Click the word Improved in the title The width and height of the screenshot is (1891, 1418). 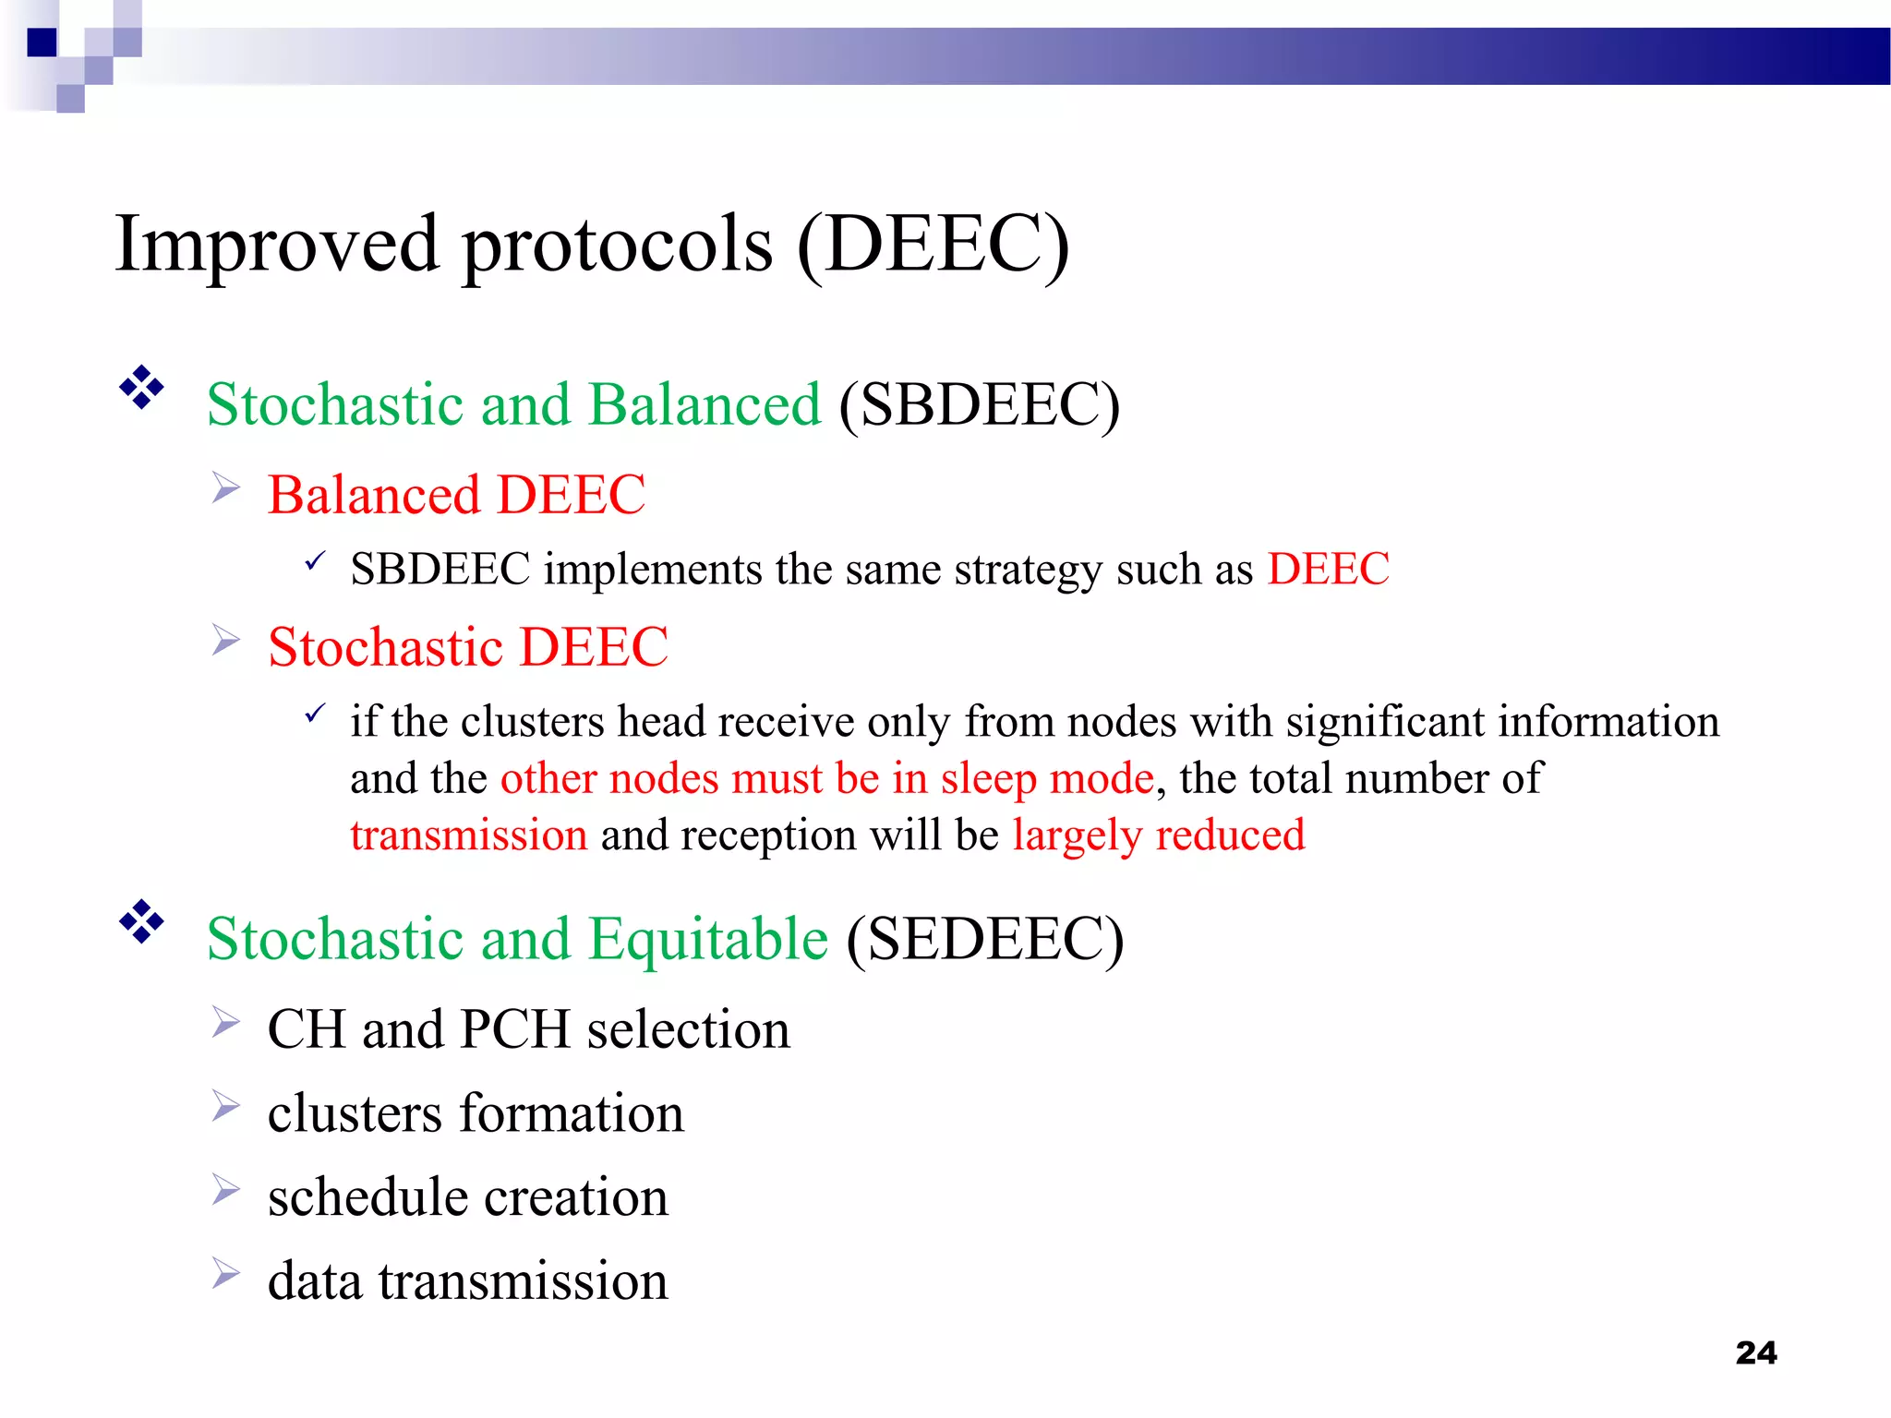(277, 245)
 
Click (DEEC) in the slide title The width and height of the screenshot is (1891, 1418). (933, 245)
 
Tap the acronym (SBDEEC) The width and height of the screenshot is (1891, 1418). (980, 404)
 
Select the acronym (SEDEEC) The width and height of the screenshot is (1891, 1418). (985, 939)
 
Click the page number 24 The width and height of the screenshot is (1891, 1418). (1755, 1352)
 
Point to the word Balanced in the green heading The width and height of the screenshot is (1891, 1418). (705, 404)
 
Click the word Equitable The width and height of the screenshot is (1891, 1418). (708, 939)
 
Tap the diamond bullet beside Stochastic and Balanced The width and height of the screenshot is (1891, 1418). (141, 388)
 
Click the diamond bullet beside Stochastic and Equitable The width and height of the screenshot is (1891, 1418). (141, 921)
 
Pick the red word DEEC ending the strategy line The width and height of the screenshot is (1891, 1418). (1328, 569)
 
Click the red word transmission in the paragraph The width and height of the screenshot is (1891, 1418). (468, 835)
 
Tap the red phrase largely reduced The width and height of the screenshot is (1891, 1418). (1159, 835)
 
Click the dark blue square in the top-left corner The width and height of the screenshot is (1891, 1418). (42, 42)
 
